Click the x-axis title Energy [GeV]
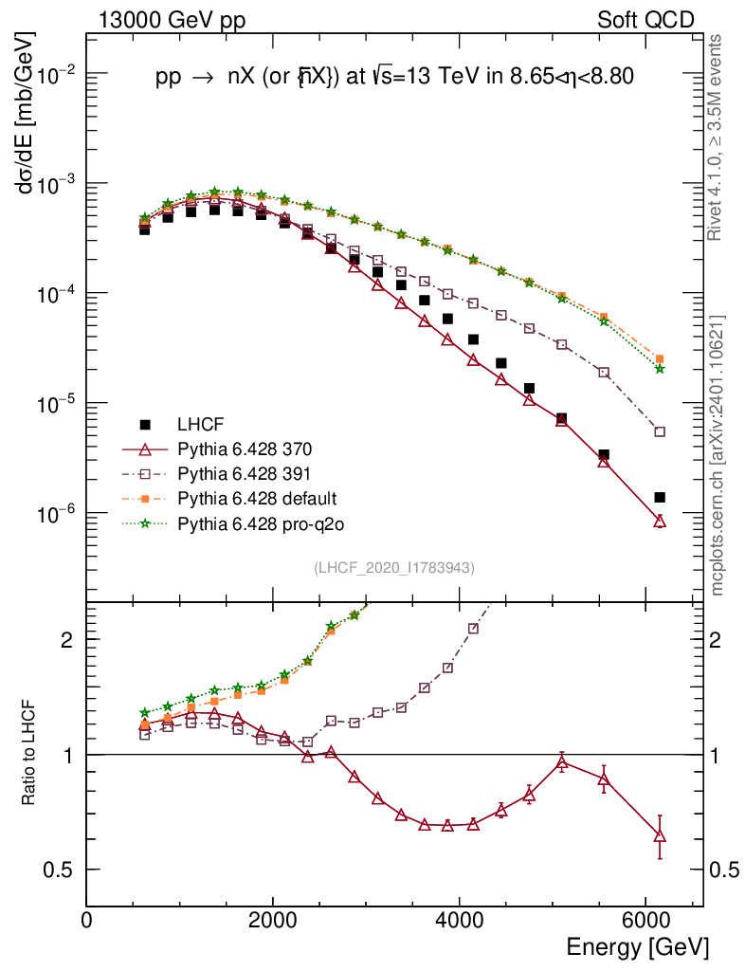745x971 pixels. tap(637, 947)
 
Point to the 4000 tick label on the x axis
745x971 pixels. tap(459, 920)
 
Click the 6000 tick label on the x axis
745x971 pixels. tap(645, 920)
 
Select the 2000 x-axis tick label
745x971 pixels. tap(273, 920)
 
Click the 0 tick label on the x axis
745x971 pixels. tap(87, 920)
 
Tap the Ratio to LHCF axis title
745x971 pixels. tap(30, 754)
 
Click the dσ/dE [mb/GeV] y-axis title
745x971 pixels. tap(27, 113)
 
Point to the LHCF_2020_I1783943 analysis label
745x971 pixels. tap(394, 568)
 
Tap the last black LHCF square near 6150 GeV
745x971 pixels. tap(660, 497)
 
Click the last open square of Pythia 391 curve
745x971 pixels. tap(660, 431)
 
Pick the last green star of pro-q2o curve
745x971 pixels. tap(660, 369)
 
